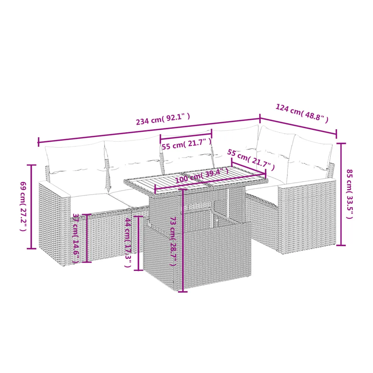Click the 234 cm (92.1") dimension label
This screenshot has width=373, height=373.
[163, 119]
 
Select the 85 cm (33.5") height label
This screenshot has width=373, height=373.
[350, 194]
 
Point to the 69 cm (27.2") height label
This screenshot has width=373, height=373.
[23, 206]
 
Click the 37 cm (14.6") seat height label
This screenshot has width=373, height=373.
[76, 238]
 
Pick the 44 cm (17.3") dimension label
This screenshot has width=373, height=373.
[128, 242]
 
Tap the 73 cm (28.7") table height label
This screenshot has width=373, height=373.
[173, 241]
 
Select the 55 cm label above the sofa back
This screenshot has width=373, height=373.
[186, 144]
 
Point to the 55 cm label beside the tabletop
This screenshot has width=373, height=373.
[251, 160]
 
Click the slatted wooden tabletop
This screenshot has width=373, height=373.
[196, 180]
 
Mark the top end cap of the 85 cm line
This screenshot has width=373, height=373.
[341, 144]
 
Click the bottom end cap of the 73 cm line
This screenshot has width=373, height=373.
[183, 291]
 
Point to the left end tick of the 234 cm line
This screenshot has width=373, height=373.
[38, 142]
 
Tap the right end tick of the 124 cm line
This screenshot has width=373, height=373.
[336, 134]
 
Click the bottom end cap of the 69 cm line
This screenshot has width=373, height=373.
[32, 249]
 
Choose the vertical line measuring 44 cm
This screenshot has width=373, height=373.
[139, 243]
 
